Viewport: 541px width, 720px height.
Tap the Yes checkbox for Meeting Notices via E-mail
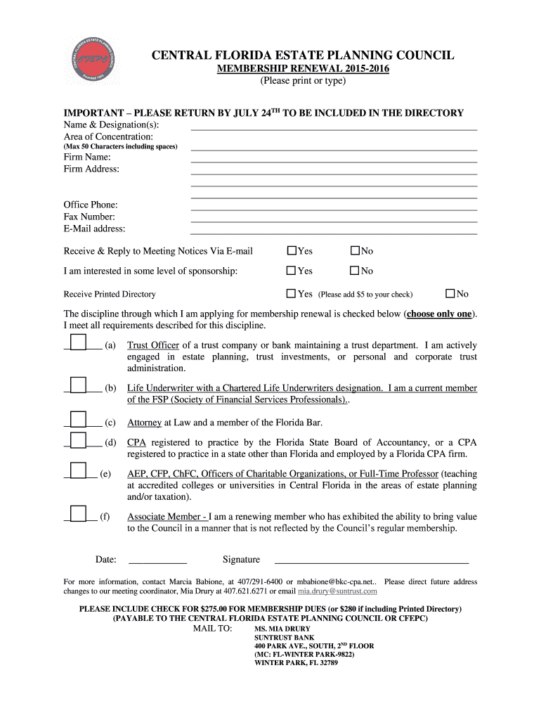(x=292, y=251)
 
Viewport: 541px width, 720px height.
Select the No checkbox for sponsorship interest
(x=355, y=271)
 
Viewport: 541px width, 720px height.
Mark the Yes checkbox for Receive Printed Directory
(x=292, y=293)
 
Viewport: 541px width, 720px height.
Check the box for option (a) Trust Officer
(x=78, y=344)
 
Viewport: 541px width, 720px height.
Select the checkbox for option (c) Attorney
(x=78, y=421)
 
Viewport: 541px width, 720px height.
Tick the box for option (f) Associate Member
(x=78, y=515)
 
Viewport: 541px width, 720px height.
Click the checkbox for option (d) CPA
(x=78, y=441)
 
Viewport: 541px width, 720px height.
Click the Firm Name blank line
(x=334, y=162)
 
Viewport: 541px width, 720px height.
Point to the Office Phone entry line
(x=334, y=209)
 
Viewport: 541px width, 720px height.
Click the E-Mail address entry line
(x=334, y=233)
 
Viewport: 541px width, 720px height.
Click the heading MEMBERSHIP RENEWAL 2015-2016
(x=302, y=69)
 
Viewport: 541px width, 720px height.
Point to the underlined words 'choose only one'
(x=439, y=314)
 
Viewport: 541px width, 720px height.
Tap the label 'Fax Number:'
(x=89, y=217)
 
